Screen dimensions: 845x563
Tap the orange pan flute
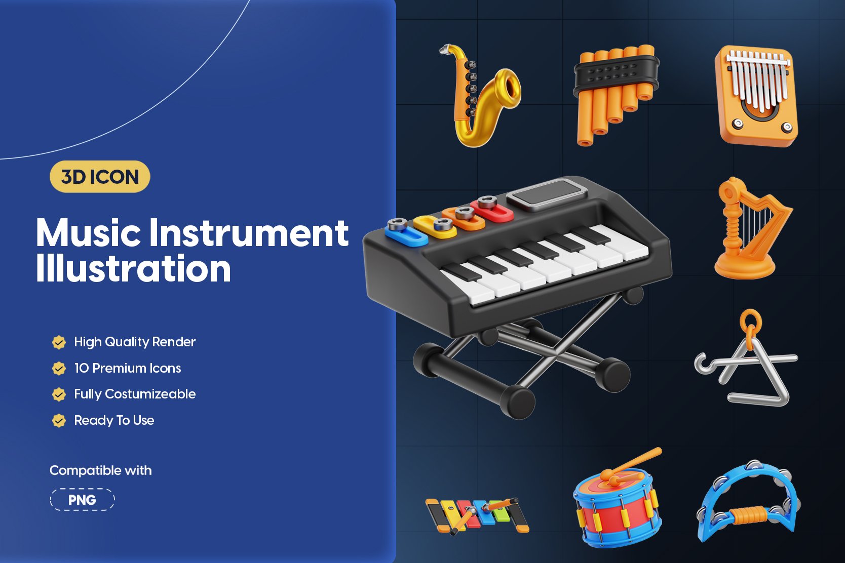click(616, 94)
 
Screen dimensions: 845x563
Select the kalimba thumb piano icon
click(756, 96)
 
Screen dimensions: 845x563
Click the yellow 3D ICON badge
click(100, 177)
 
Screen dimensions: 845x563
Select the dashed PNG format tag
click(82, 500)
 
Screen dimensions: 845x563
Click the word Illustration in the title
click(133, 268)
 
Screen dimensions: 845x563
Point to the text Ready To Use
click(114, 420)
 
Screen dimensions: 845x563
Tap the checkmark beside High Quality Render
click(59, 342)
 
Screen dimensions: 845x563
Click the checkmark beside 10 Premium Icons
click(59, 369)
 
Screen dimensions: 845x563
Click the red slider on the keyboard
click(491, 210)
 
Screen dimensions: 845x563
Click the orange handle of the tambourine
click(749, 515)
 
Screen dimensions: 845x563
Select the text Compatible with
click(101, 470)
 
